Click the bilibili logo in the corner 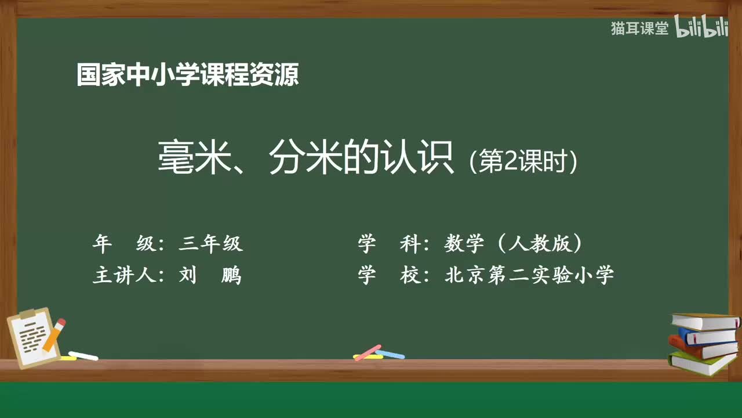click(x=701, y=28)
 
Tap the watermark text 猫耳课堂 click(x=639, y=28)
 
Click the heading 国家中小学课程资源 click(x=187, y=75)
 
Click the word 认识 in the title click(x=424, y=159)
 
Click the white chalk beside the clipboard click(x=83, y=355)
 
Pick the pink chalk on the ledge click(x=367, y=352)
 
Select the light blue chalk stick click(x=390, y=354)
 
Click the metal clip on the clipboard click(x=28, y=314)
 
